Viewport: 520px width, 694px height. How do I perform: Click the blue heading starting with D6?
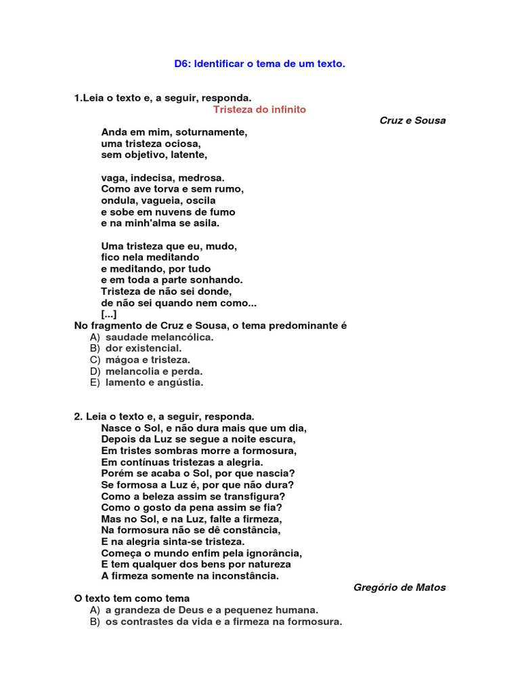point(259,64)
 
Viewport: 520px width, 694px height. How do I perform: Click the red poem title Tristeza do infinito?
point(259,109)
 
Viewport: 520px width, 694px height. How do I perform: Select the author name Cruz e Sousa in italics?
point(412,121)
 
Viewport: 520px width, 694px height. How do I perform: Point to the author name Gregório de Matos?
point(399,588)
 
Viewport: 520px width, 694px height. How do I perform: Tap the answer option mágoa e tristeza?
point(148,360)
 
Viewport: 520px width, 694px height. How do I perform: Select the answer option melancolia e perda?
point(154,371)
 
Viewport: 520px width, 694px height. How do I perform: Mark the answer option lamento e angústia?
point(154,383)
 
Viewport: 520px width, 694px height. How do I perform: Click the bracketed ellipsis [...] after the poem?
point(108,314)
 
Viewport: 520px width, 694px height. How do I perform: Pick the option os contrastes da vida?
point(223,621)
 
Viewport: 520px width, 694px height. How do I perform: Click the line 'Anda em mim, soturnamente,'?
point(174,132)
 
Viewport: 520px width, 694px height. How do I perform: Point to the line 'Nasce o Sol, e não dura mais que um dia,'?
point(204,428)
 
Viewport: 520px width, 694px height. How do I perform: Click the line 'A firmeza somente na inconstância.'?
point(190,576)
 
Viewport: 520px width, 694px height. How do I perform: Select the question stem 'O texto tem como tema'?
point(132,598)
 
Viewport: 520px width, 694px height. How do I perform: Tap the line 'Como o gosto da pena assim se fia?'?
point(192,508)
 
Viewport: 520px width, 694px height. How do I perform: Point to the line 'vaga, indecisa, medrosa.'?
point(162,178)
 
